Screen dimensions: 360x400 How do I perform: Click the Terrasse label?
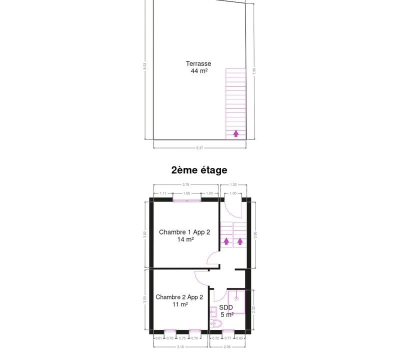198,63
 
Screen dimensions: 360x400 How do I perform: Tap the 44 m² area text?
199,71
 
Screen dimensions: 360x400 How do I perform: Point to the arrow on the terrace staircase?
236,133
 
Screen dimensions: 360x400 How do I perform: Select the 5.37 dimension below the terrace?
199,148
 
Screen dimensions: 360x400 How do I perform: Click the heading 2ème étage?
199,170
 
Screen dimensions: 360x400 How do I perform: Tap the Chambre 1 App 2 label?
184,232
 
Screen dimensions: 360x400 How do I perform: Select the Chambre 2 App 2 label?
179,297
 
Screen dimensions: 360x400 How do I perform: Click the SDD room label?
226,307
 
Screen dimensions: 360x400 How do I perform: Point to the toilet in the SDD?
216,324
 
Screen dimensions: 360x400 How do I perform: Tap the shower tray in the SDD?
235,301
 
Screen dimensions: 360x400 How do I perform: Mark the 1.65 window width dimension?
187,193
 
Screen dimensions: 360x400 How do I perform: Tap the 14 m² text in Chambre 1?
185,239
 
